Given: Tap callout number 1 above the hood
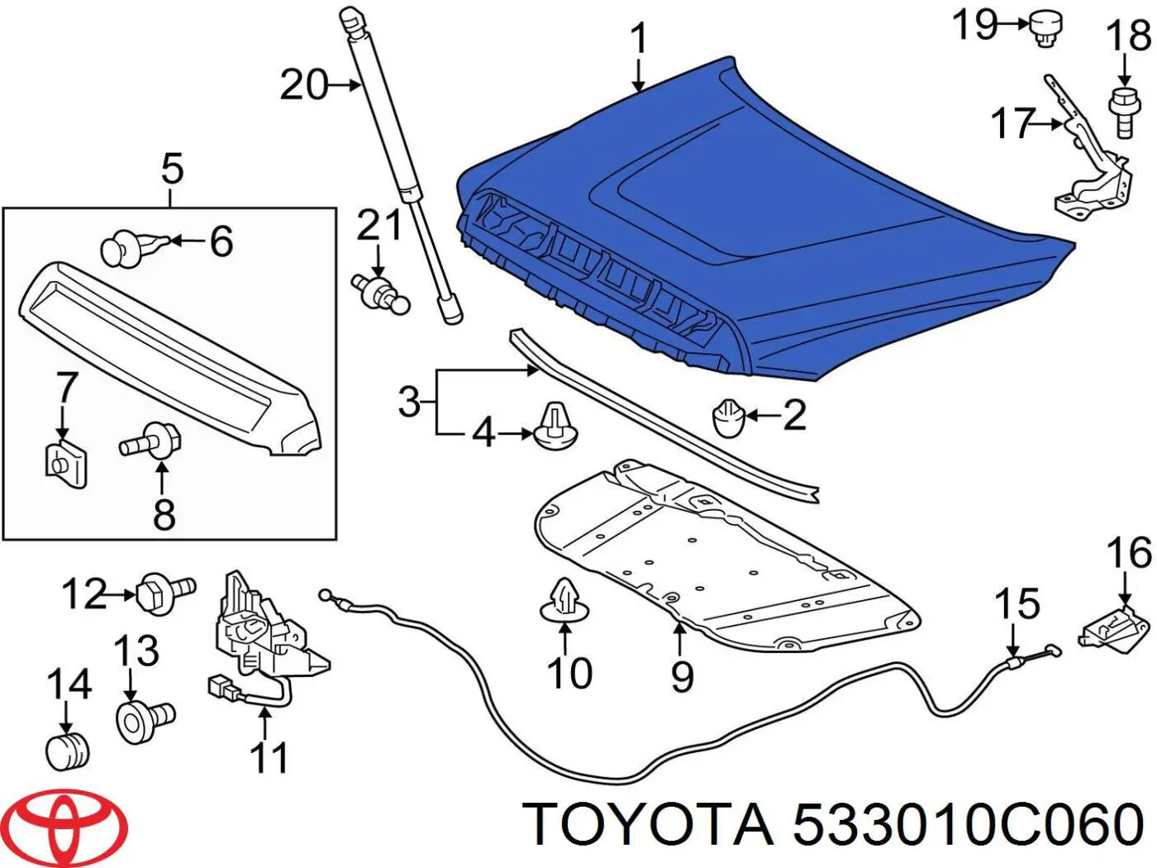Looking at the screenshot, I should pyautogui.click(x=638, y=40).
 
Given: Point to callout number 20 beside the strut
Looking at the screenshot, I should pyautogui.click(x=304, y=84).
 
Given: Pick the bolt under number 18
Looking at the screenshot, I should pyautogui.click(x=1121, y=111).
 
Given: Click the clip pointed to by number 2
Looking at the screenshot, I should pyautogui.click(x=728, y=417).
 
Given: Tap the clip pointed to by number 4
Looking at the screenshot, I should pyautogui.click(x=557, y=427).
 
